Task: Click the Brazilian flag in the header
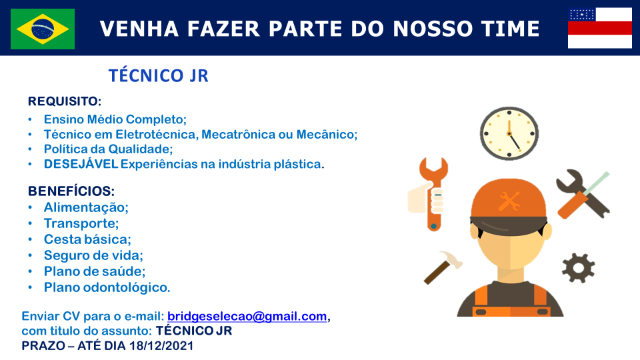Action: (x=43, y=29)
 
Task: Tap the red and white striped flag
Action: (x=599, y=28)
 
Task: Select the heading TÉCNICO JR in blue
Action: (x=159, y=76)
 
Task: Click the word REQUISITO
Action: (x=63, y=101)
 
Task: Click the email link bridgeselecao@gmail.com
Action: (x=247, y=316)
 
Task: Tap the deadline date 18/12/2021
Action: (x=161, y=346)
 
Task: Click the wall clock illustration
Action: (x=509, y=133)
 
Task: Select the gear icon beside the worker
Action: (x=578, y=268)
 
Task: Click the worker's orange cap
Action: (x=509, y=200)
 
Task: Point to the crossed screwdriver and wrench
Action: (x=583, y=194)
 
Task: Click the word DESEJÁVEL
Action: (x=81, y=164)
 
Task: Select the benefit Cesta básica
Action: (x=87, y=239)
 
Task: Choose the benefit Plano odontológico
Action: (x=107, y=287)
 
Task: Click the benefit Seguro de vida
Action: (x=93, y=255)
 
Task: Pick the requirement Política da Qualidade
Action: (x=108, y=149)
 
